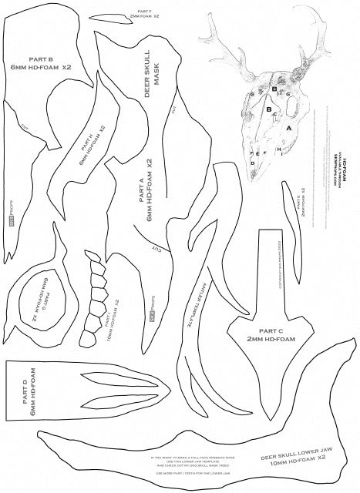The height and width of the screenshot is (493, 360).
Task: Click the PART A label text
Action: pos(145,196)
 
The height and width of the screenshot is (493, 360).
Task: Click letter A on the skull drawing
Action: pos(289,129)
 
